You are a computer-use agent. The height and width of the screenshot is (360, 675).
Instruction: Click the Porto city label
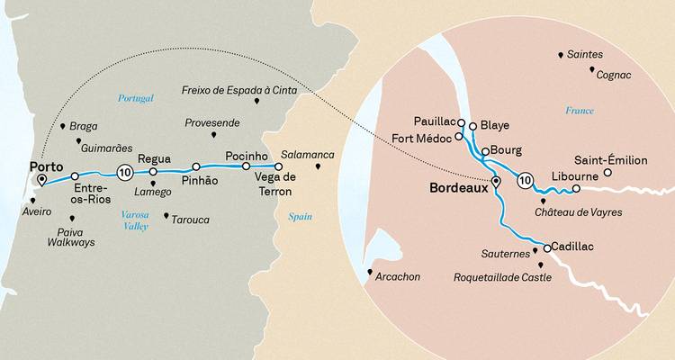pyautogui.click(x=45, y=166)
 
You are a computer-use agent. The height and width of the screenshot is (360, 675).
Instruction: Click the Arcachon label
pyautogui.click(x=399, y=276)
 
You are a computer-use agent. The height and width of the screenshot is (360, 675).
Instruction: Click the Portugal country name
pyautogui.click(x=136, y=97)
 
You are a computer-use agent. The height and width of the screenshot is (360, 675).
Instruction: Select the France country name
pyautogui.click(x=580, y=111)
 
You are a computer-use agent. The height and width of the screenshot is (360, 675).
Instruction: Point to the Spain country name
pyautogui.click(x=299, y=217)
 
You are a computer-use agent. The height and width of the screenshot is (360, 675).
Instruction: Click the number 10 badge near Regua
pyautogui.click(x=125, y=172)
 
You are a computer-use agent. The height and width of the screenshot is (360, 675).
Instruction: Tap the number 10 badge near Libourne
pyautogui.click(x=525, y=182)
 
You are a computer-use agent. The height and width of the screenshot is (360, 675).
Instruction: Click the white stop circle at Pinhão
pyautogui.click(x=196, y=166)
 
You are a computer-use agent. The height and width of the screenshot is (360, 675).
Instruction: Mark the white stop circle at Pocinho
pyautogui.click(x=246, y=166)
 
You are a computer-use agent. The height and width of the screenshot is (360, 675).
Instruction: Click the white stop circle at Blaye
pyautogui.click(x=472, y=125)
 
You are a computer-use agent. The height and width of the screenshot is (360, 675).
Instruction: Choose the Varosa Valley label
pyautogui.click(x=135, y=220)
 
